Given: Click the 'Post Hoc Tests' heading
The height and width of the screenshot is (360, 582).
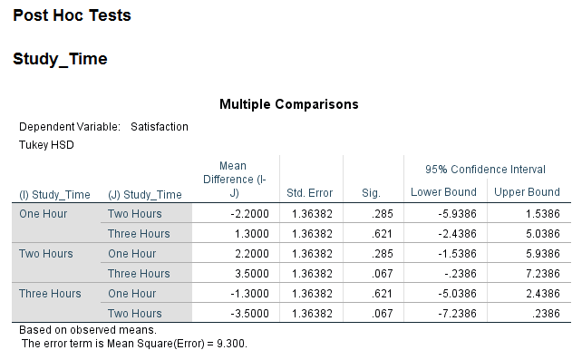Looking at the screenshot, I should (72, 15).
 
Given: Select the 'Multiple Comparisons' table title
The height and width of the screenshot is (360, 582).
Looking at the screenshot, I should (288, 104).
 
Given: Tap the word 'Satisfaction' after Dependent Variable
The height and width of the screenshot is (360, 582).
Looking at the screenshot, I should (160, 127).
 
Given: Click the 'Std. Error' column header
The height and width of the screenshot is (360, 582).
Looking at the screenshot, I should (309, 193).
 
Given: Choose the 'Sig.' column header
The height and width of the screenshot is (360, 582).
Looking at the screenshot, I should (370, 193).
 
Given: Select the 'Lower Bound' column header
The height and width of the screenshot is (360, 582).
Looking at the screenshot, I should (443, 192).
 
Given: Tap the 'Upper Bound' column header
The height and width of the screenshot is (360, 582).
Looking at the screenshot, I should (527, 192).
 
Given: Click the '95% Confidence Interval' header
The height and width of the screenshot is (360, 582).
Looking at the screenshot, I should (485, 170).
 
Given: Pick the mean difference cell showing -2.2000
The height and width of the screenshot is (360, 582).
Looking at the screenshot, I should (247, 214).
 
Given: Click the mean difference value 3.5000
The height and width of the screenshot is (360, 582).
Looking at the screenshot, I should (248, 274).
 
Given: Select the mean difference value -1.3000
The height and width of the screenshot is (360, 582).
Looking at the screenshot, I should (247, 294).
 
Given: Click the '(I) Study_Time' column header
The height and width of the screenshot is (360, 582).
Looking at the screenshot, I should (54, 194).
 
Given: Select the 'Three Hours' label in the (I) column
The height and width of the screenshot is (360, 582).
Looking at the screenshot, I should (50, 294).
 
